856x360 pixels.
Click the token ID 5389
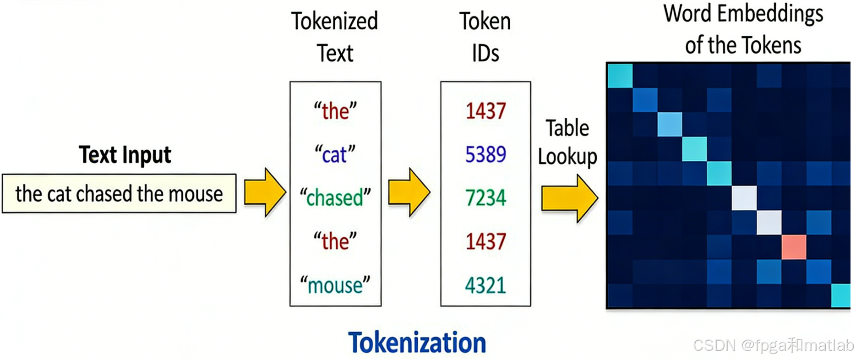tap(485, 154)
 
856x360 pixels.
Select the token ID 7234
tap(485, 198)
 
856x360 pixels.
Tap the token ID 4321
tap(485, 285)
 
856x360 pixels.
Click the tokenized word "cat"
tap(335, 155)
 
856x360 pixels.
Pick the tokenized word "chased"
tap(335, 198)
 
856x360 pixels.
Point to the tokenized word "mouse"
tap(335, 285)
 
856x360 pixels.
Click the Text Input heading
tap(125, 154)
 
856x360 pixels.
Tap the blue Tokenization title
tap(417, 343)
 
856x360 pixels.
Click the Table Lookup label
tap(567, 142)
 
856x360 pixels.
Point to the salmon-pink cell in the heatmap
tap(794, 247)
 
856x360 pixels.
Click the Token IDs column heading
tap(485, 37)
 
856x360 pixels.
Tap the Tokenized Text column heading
tap(335, 37)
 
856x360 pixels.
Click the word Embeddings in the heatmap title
tap(770, 14)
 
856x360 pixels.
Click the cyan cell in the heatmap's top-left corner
tap(620, 76)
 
